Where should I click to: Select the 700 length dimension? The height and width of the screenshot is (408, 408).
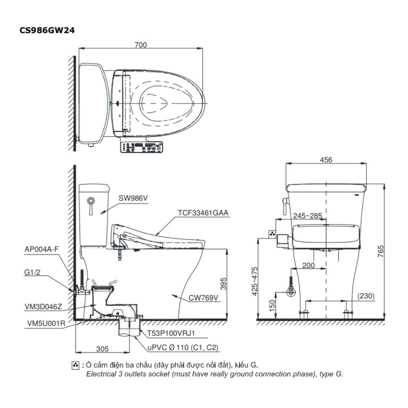click(140, 45)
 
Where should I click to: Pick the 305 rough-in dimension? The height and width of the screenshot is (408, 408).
click(102, 348)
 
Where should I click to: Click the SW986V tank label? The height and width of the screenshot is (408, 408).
click(133, 198)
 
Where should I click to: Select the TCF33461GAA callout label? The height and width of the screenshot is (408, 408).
click(203, 213)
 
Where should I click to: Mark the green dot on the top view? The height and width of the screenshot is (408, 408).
click(111, 104)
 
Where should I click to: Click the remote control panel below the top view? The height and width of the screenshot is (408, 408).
click(141, 147)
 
